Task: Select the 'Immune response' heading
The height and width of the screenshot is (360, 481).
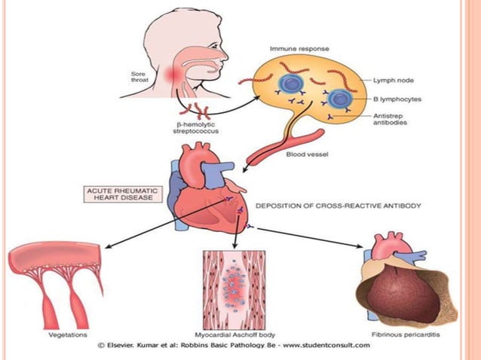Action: click(295, 48)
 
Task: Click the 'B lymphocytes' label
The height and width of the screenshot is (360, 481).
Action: click(397, 98)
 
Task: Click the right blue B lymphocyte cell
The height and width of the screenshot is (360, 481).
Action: click(339, 99)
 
